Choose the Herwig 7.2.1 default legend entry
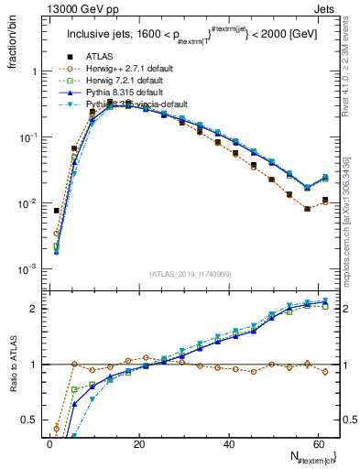point(106,81)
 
